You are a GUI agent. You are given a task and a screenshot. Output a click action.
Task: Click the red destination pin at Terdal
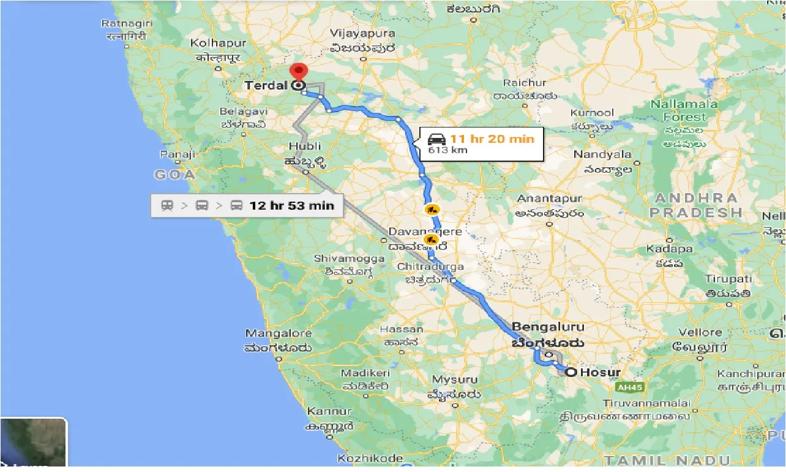(x=298, y=70)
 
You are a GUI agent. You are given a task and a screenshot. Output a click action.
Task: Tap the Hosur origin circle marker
(x=571, y=372)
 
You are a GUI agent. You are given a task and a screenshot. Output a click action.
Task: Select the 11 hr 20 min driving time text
(x=492, y=139)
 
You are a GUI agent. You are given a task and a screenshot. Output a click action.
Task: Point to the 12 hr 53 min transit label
(x=291, y=205)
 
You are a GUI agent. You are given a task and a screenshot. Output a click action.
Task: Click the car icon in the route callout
(x=436, y=139)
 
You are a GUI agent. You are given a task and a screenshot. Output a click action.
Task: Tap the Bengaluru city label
(x=548, y=327)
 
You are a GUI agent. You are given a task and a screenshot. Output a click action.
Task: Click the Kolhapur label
(x=218, y=44)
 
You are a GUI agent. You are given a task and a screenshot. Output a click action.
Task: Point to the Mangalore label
(x=278, y=333)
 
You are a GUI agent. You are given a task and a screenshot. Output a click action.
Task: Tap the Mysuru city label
(x=454, y=379)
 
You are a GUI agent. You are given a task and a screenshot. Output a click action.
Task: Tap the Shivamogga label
(x=349, y=259)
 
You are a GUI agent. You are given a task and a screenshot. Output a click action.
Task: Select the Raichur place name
(x=524, y=83)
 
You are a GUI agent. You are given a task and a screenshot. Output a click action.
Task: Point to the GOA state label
(x=174, y=175)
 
